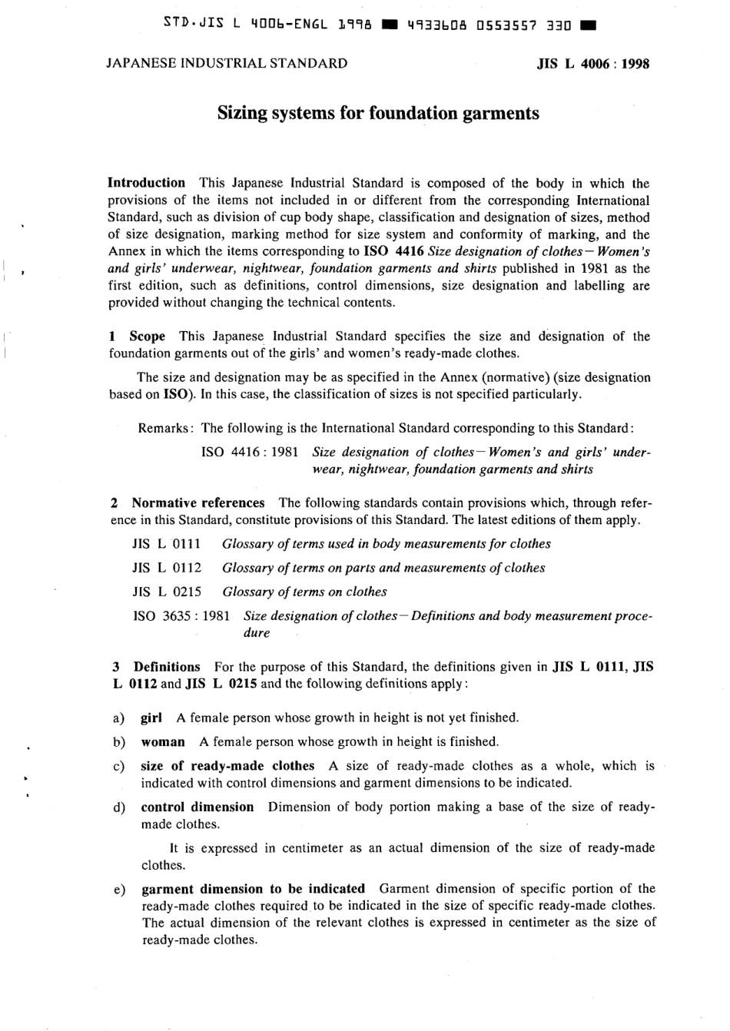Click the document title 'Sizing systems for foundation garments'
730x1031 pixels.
coord(378,114)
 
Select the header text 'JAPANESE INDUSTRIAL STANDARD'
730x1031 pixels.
coord(227,63)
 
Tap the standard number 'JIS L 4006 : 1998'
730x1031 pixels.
coord(592,64)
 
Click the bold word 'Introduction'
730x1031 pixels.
coord(146,183)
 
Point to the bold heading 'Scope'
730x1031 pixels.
coord(147,336)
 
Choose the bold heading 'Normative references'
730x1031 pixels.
coord(197,503)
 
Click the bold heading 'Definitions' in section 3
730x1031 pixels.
coord(166,667)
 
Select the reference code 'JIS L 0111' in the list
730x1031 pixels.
coord(167,544)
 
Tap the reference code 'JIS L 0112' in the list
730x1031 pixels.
coord(167,568)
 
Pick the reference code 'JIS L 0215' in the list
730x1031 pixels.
coord(167,592)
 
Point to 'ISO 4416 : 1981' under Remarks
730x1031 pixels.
coord(250,453)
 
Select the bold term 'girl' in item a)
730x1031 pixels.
coord(151,718)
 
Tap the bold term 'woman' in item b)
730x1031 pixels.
coord(163,741)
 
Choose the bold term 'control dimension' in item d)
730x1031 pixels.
coord(197,807)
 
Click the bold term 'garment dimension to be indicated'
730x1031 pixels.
coord(253,889)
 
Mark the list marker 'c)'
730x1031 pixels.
coord(119,766)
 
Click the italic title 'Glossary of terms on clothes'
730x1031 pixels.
coord(304,592)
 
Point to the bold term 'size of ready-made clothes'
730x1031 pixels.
coord(227,766)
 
